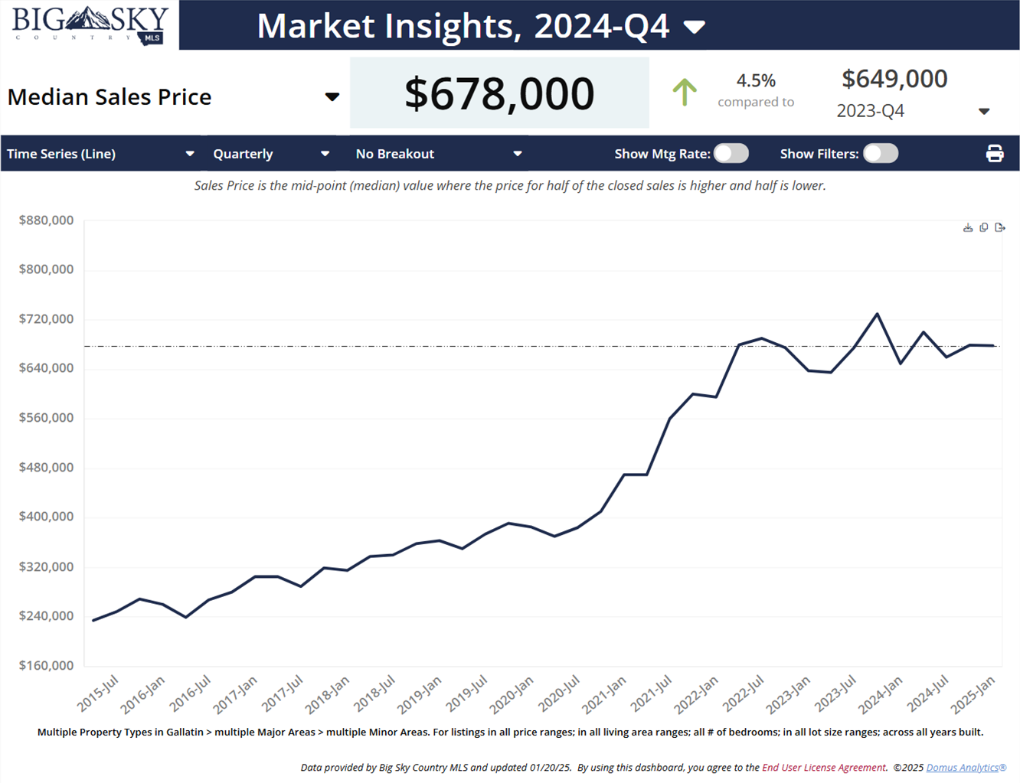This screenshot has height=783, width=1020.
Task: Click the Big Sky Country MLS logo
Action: (90, 25)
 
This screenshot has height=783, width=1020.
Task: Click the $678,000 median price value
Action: (499, 93)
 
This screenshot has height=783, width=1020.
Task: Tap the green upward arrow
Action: (685, 93)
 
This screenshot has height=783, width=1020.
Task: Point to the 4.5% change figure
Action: (756, 80)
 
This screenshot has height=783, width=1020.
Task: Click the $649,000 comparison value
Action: (894, 79)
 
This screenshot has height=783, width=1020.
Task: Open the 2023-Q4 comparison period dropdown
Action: (984, 112)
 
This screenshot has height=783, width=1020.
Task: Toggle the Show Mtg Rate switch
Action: (731, 154)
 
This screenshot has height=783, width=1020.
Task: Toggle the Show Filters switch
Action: (880, 154)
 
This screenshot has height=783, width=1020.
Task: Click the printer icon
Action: (995, 154)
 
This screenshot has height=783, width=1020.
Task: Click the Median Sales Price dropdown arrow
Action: (332, 97)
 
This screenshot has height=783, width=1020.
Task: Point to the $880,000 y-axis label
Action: (46, 220)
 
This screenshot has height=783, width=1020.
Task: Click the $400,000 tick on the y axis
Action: (46, 517)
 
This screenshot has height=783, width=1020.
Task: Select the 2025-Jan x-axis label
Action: (973, 693)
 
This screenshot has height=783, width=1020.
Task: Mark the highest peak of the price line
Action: (877, 314)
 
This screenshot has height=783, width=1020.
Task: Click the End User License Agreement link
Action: (824, 767)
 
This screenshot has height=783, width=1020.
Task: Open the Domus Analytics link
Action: (966, 767)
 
